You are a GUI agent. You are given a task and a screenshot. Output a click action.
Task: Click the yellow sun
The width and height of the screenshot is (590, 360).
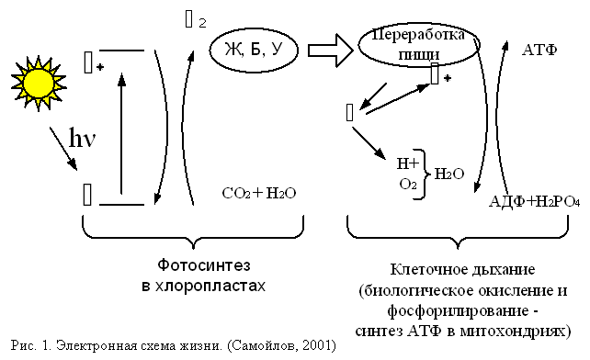coord(40,81)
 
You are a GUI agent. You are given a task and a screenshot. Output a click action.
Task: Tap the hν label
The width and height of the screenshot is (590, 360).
coord(81,137)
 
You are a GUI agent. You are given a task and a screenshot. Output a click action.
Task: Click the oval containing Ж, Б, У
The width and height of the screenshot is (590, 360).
coord(251,49)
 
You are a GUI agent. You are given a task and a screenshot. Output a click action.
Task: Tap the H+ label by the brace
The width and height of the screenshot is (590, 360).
coord(407,163)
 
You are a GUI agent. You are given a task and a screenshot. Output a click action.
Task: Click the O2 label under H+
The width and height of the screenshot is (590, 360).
coord(408,185)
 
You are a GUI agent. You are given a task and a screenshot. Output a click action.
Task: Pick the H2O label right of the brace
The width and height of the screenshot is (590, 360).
coord(448,173)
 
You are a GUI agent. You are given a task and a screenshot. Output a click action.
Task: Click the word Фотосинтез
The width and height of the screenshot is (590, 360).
coord(198,267)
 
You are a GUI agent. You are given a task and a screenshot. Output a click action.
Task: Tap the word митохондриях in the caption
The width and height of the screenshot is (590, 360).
coord(521,329)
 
